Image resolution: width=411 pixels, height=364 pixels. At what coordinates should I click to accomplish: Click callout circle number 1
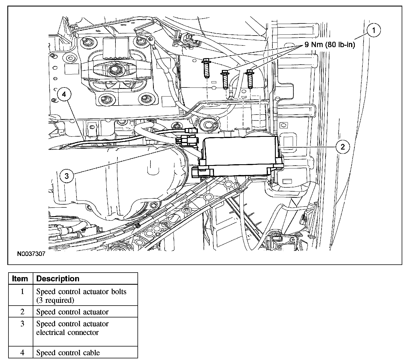pos(373,30)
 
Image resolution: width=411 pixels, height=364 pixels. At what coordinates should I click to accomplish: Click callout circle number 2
pos(343,147)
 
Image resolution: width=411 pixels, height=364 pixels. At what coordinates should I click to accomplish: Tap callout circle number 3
pos(67,176)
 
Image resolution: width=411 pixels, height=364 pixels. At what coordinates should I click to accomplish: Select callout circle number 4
pos(64,95)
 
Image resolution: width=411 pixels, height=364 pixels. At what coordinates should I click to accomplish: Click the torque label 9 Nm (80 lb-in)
pos(329,45)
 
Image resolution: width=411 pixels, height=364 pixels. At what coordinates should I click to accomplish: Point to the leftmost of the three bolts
pos(206,68)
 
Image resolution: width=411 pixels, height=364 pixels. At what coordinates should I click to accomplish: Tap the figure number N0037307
pos(31,254)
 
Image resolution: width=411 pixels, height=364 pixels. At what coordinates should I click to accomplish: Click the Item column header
pos(20,279)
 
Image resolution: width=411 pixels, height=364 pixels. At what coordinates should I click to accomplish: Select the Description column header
pos(58,279)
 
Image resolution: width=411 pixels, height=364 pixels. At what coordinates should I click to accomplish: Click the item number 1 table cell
pos(22,291)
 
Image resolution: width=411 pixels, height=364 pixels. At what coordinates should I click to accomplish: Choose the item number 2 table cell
pos(22,312)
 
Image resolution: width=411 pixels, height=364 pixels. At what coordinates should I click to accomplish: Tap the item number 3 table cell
pos(22,324)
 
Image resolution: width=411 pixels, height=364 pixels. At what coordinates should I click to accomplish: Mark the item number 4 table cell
pos(22,353)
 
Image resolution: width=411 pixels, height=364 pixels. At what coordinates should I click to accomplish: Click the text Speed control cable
pos(68,353)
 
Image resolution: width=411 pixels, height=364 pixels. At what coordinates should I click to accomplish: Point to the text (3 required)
pos(55,300)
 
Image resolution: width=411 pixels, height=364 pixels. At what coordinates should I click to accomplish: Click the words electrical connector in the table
pos(67,332)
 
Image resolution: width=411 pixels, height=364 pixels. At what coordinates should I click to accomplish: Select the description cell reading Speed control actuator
pos(72,312)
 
